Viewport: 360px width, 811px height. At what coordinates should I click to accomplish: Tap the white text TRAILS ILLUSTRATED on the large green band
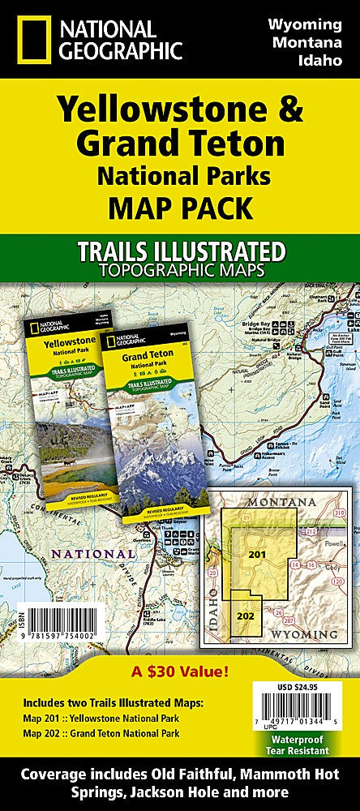click(179, 247)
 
